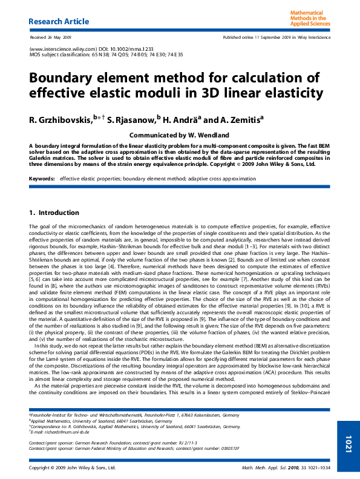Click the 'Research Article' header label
pos(59,21)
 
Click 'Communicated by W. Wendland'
pos(179,134)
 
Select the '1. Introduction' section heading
pos(54,213)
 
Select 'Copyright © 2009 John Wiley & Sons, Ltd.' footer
pos(72,468)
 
